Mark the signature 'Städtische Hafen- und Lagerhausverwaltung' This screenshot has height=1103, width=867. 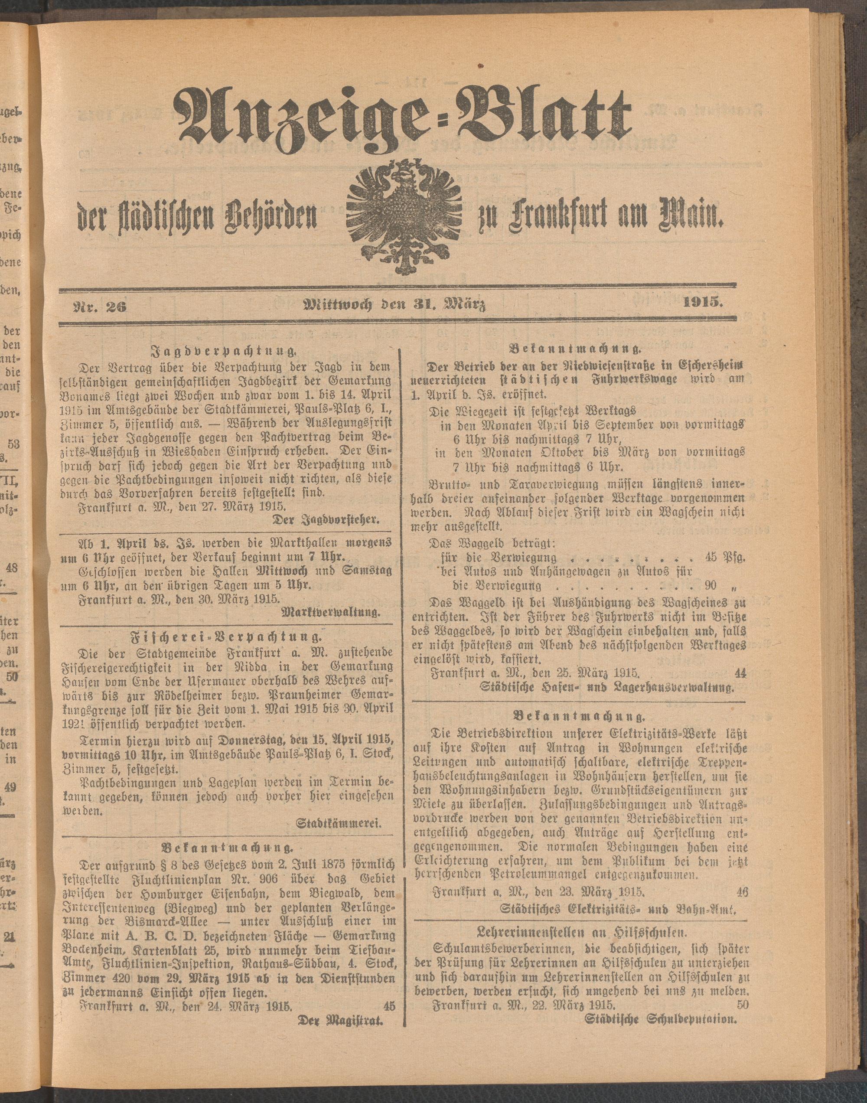(x=607, y=689)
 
